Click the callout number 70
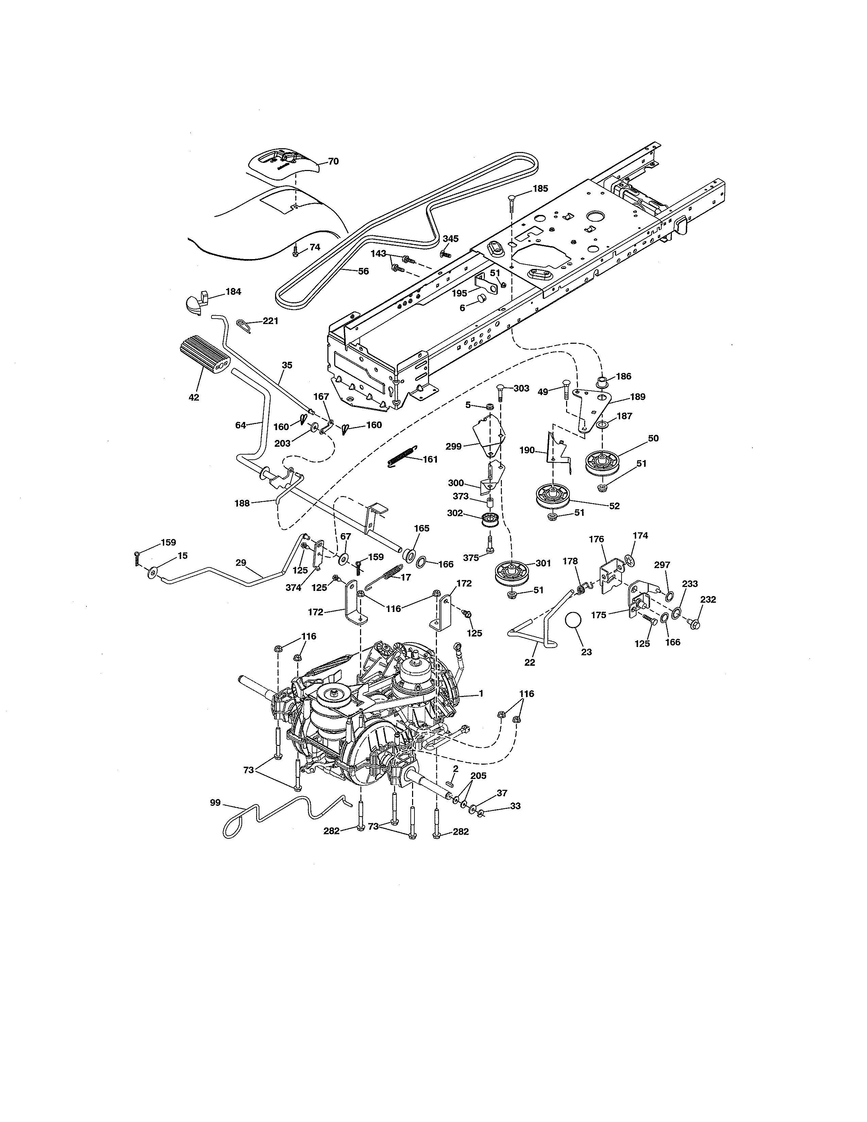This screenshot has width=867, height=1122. coord(333,161)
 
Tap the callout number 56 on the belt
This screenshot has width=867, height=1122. coord(363,271)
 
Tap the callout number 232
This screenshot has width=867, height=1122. coord(708,599)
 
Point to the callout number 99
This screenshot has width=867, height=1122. coord(215,802)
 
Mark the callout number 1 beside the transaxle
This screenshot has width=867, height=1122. coord(481,694)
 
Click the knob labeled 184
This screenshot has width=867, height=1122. coord(195,302)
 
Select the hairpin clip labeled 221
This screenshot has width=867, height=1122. coord(244,325)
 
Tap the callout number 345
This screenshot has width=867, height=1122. coord(451,239)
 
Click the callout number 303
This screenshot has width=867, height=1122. coord(521,388)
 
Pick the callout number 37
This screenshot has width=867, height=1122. coord(502,793)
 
